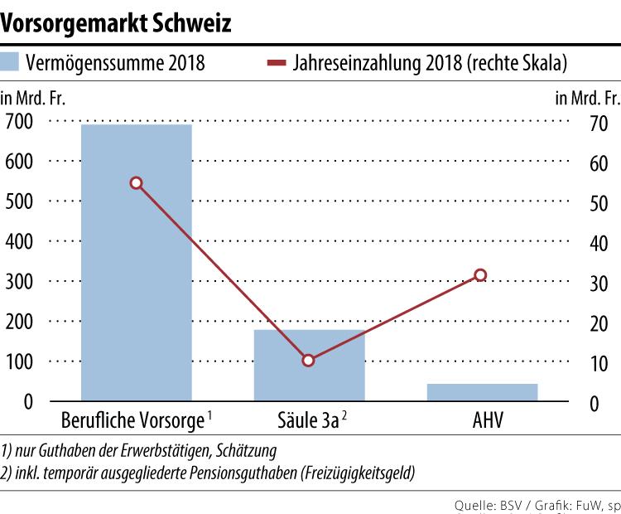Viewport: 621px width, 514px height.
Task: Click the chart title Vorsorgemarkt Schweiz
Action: pyautogui.click(x=116, y=22)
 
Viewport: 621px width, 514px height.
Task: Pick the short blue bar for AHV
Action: pyautogui.click(x=482, y=392)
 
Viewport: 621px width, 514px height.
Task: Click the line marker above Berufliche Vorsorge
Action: pyautogui.click(x=136, y=183)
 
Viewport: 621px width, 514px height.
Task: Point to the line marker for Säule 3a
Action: pyautogui.click(x=308, y=361)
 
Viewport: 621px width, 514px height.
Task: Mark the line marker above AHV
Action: pyautogui.click(x=480, y=275)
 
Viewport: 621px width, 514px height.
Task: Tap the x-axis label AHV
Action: pyautogui.click(x=482, y=420)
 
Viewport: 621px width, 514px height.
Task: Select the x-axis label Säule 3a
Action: pyautogui.click(x=306, y=420)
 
